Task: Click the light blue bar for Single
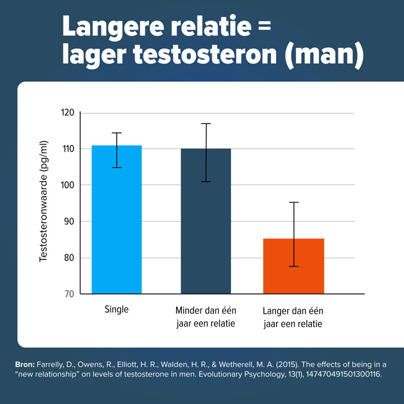coord(117,219)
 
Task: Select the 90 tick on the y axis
coord(68,222)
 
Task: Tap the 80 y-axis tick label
coord(68,258)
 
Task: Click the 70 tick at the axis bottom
coord(68,294)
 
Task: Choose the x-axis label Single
coord(116,310)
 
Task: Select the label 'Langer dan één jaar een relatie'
coord(293,317)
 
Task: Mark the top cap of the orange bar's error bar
coord(293,202)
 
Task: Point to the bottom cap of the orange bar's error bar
coord(293,267)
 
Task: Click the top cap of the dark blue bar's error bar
coord(205,123)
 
